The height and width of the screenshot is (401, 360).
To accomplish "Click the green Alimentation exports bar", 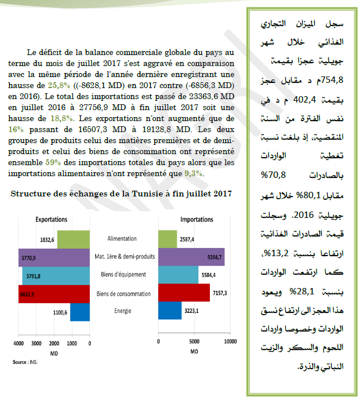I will (74, 239).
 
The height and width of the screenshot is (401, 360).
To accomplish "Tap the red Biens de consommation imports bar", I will (184, 294).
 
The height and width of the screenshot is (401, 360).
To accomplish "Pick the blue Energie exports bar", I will (80, 312).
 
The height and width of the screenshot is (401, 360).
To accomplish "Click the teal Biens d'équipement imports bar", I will (178, 275).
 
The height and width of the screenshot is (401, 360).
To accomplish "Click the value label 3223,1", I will (192, 312).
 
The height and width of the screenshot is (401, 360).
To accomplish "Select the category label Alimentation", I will (122, 239).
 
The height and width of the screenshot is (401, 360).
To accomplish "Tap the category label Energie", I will (122, 311).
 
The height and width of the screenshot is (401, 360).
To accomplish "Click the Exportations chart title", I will (52, 220).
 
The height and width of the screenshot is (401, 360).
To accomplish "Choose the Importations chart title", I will (197, 220).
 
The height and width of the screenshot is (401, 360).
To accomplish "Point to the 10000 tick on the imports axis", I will (230, 342).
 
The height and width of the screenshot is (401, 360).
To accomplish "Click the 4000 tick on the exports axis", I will (19, 342).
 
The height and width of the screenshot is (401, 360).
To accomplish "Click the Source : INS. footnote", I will (24, 362).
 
